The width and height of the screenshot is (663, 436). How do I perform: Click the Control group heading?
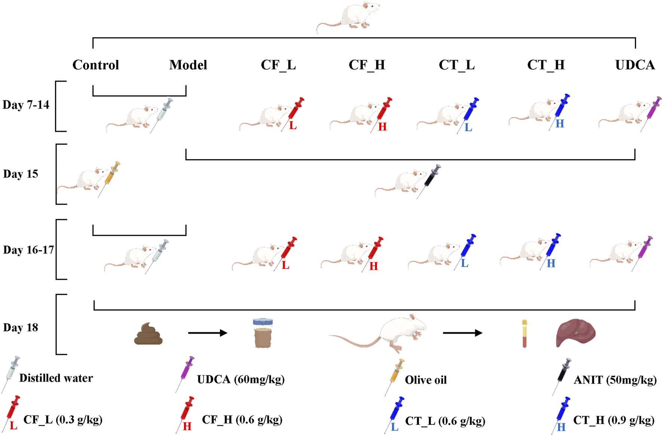(96, 65)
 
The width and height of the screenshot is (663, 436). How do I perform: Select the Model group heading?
(188, 65)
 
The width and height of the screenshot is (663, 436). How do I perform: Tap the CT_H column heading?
(546, 65)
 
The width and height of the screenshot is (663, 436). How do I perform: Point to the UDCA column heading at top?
(635, 65)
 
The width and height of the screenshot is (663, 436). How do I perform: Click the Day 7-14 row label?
(26, 105)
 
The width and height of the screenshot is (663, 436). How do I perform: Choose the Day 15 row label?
(21, 174)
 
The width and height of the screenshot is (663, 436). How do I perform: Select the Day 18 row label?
(21, 328)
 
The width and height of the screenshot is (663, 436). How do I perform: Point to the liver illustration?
(575, 333)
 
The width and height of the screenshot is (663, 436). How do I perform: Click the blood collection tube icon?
(525, 333)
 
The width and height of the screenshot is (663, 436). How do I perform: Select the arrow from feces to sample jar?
(208, 333)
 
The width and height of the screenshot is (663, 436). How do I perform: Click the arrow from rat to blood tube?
(462, 333)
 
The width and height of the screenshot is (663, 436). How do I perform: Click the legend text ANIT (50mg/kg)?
(615, 380)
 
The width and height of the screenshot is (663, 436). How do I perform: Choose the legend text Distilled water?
(56, 378)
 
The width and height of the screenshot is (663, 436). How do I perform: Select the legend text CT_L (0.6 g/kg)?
(445, 421)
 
